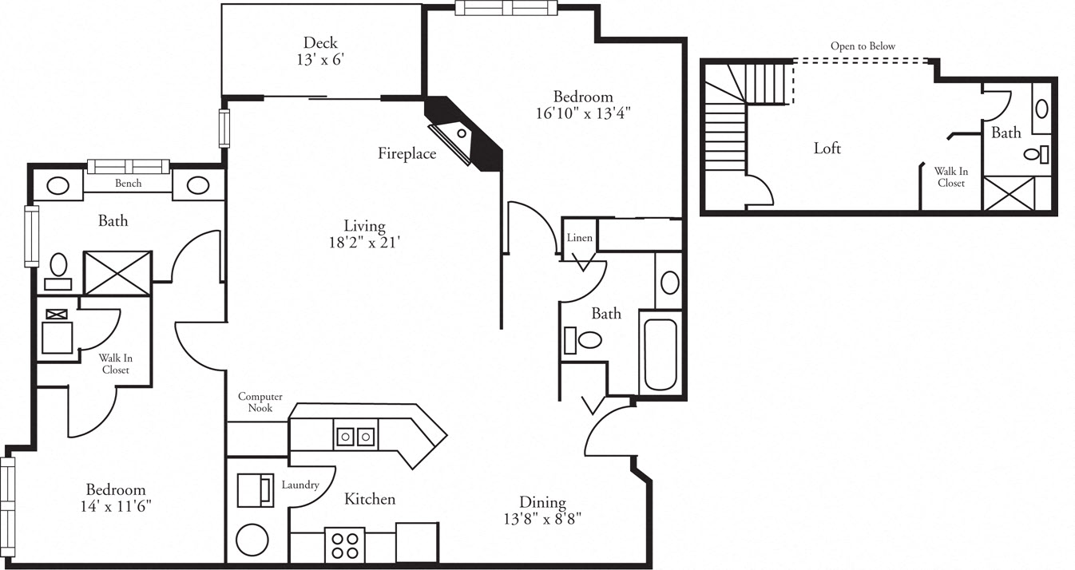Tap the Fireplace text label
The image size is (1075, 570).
(x=407, y=154)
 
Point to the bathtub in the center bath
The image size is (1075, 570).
(x=659, y=354)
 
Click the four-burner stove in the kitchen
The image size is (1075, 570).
(x=345, y=545)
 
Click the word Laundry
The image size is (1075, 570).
(x=300, y=485)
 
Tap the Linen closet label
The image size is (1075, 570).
(x=579, y=238)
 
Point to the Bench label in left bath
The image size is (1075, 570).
(x=128, y=184)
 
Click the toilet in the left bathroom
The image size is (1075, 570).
(x=59, y=267)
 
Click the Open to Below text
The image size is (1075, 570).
(x=863, y=46)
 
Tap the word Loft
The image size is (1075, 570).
(x=827, y=148)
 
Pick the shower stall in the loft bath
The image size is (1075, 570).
(x=1009, y=194)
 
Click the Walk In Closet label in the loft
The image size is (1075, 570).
(x=950, y=177)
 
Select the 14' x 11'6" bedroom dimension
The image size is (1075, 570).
(x=117, y=506)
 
